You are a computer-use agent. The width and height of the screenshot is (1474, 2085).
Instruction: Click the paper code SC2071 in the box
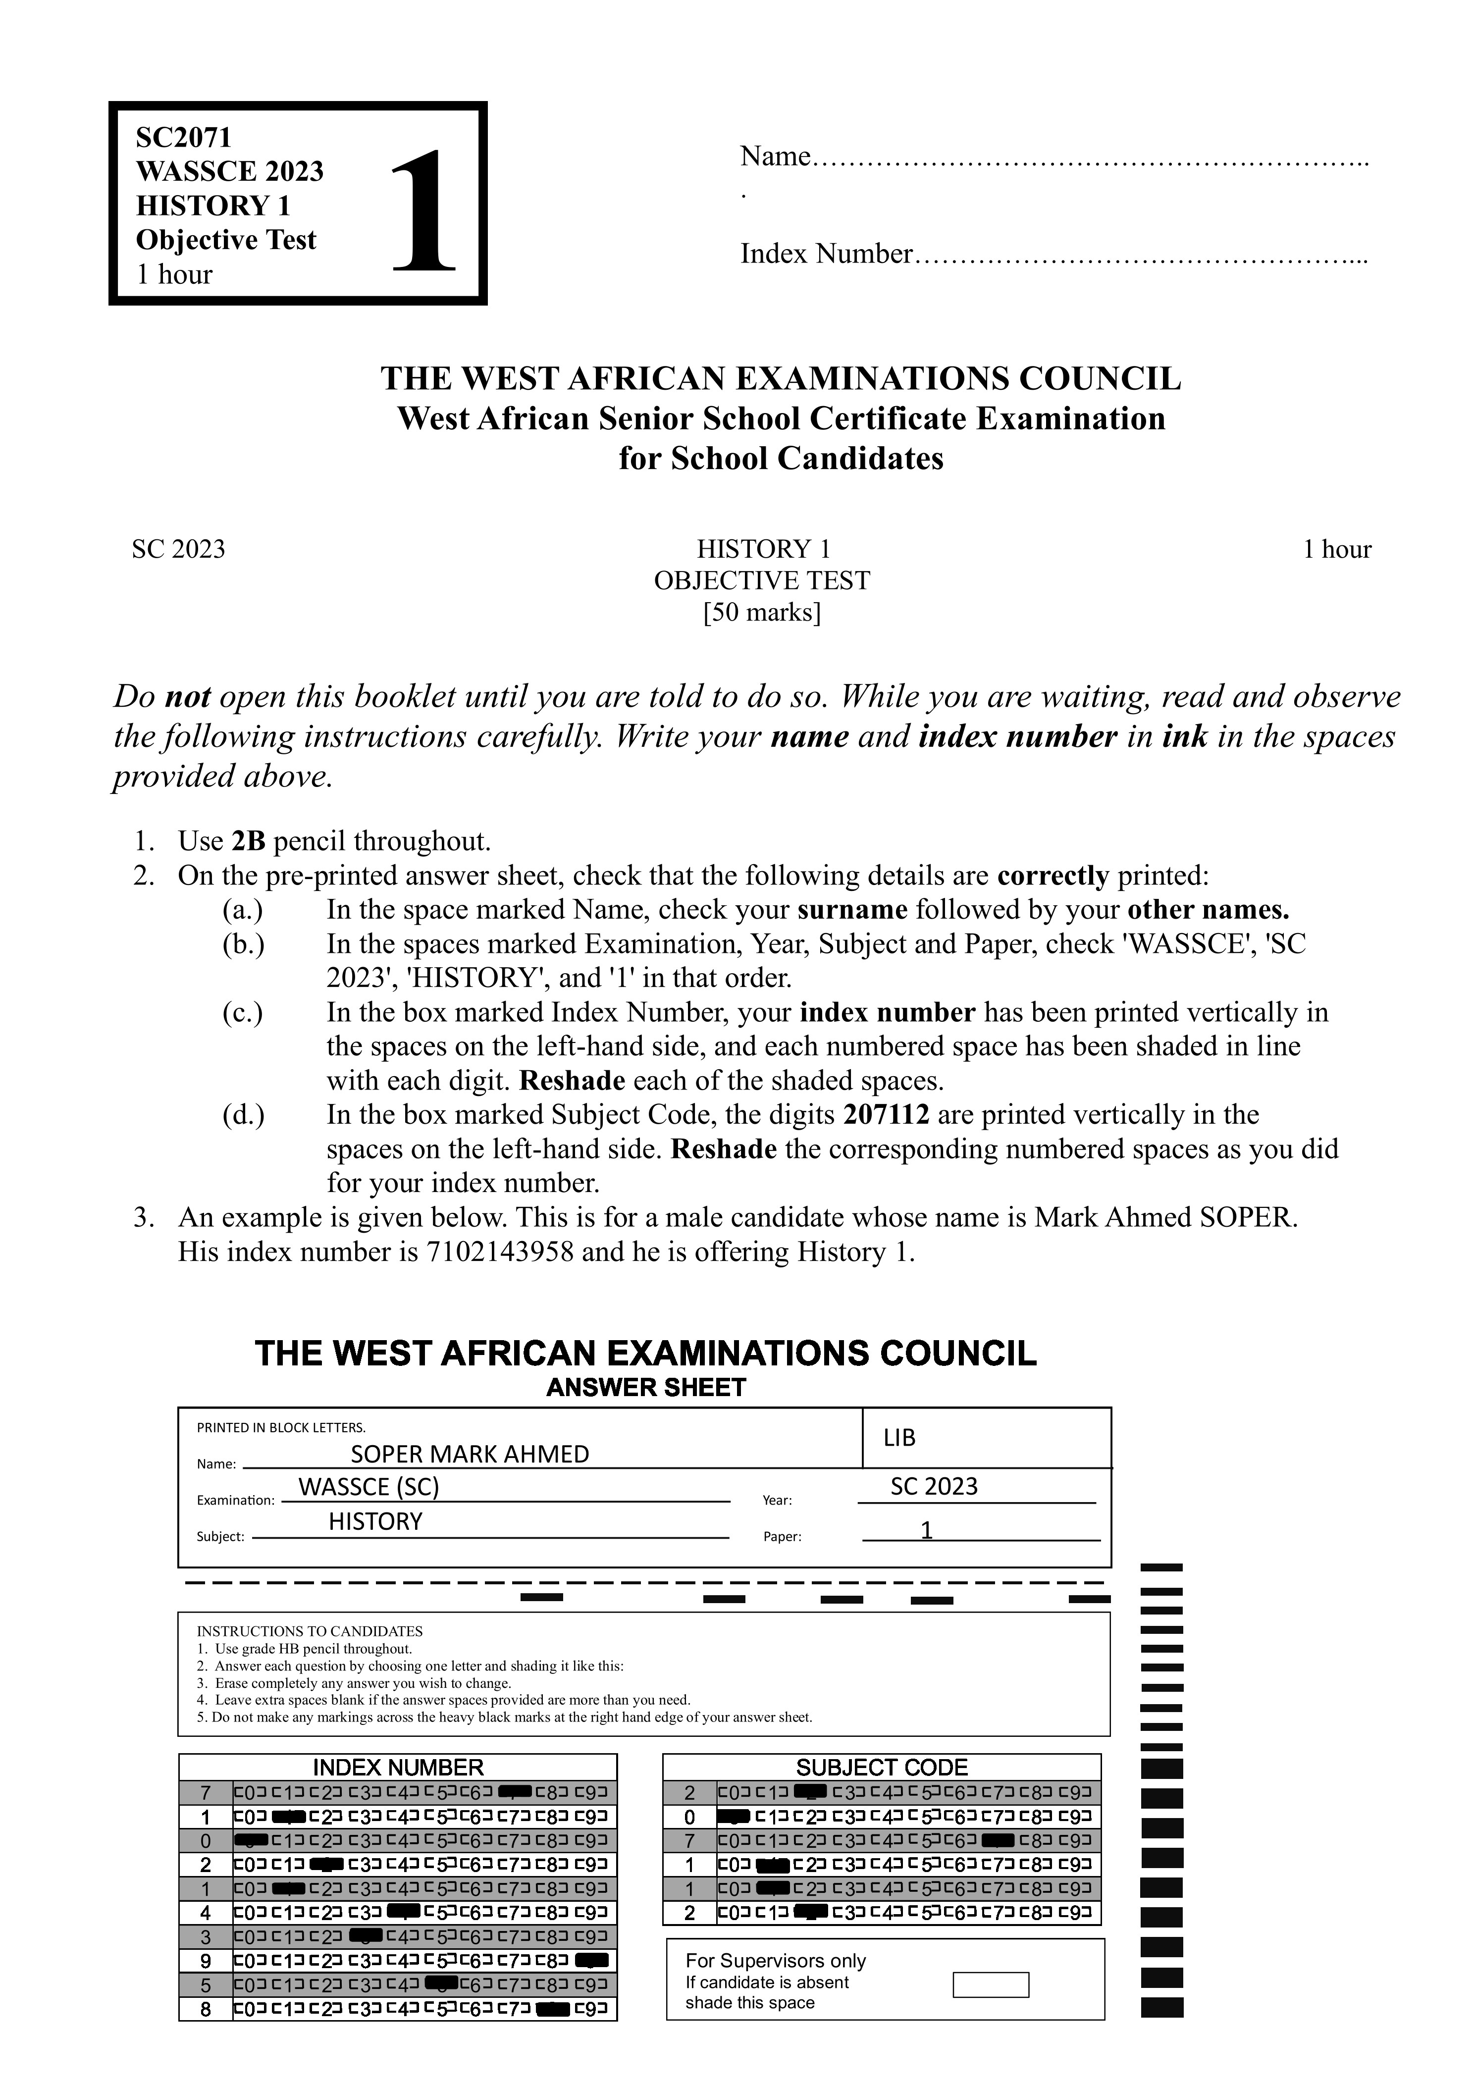(x=183, y=137)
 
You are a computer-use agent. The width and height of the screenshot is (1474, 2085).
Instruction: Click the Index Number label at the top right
(x=825, y=254)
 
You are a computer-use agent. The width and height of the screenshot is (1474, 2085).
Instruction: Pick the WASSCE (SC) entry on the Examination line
(x=368, y=1487)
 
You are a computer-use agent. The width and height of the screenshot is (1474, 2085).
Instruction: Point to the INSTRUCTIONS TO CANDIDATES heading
(x=310, y=1631)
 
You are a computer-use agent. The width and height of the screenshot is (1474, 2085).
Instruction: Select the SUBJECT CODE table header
(x=881, y=1767)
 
